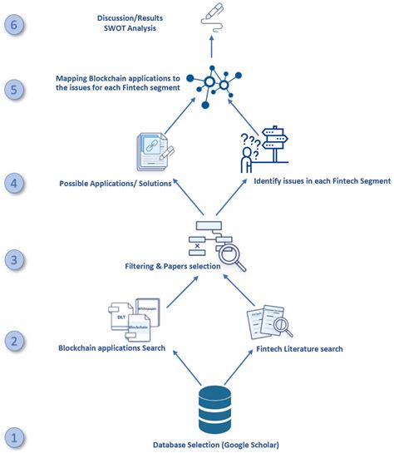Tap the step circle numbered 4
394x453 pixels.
pyautogui.click(x=16, y=182)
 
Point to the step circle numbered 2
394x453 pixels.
pyautogui.click(x=16, y=340)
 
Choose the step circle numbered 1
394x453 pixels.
pyautogui.click(x=16, y=436)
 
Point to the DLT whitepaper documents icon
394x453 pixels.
pyautogui.click(x=135, y=318)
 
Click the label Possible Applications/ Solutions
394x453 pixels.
pyautogui.click(x=115, y=182)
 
